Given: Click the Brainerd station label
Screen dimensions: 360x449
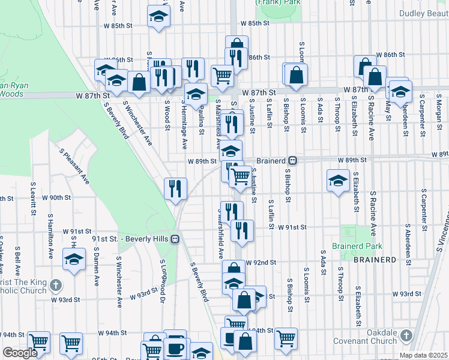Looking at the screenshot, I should tap(273, 161).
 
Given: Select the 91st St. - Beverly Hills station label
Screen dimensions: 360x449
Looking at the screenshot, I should tap(131, 239).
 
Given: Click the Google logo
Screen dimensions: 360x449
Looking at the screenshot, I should tap(19, 353).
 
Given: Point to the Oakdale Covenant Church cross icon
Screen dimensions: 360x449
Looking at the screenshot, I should tap(406, 335).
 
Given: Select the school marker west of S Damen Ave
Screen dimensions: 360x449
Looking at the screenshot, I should tap(74, 260).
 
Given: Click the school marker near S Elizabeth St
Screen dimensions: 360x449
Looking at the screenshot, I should tap(338, 179).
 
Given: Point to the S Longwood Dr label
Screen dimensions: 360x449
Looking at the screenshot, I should tap(162, 278).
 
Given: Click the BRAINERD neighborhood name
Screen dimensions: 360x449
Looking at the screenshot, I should tap(375, 259).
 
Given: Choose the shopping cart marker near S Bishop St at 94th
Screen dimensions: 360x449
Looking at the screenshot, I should tap(286, 338).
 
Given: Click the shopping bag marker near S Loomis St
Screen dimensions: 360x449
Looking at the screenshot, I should tap(296, 74).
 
